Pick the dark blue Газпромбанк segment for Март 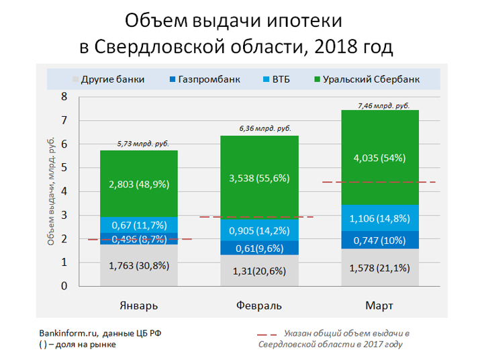380,240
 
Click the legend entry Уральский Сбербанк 366,79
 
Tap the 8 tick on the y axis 64,97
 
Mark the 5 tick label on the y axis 64,168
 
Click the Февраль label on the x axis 259,306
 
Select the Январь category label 139,306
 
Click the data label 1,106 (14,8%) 380,218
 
